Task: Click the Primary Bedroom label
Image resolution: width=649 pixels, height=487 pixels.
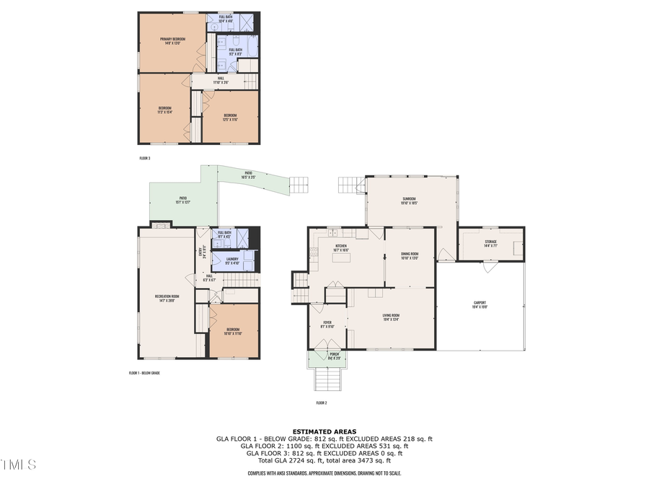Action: pyautogui.click(x=173, y=40)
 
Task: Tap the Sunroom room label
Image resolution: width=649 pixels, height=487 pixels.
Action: pyautogui.click(x=410, y=201)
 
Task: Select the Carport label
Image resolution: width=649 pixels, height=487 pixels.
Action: pyautogui.click(x=480, y=304)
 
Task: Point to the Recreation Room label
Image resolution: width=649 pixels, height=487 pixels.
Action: pyautogui.click(x=166, y=298)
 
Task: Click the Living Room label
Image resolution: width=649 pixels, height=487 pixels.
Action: pyautogui.click(x=390, y=317)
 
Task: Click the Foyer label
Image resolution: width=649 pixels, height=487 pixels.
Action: pyautogui.click(x=327, y=324)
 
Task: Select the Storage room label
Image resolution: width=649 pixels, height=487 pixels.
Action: pyautogui.click(x=490, y=244)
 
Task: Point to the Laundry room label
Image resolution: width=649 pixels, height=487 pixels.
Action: pyautogui.click(x=231, y=260)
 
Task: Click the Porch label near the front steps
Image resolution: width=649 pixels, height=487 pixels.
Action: pyautogui.click(x=334, y=356)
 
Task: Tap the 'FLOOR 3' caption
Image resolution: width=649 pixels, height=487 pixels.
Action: pyautogui.click(x=145, y=157)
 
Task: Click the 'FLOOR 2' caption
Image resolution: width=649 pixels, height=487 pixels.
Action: pyautogui.click(x=322, y=403)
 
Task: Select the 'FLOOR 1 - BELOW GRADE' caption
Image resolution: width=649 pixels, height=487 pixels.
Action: pyautogui.click(x=144, y=374)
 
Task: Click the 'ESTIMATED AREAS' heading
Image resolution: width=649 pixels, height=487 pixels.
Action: pyautogui.click(x=324, y=431)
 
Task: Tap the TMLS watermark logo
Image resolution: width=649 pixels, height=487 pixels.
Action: pyautogui.click(x=19, y=465)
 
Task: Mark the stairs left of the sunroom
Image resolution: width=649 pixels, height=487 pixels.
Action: pyautogui.click(x=351, y=185)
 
